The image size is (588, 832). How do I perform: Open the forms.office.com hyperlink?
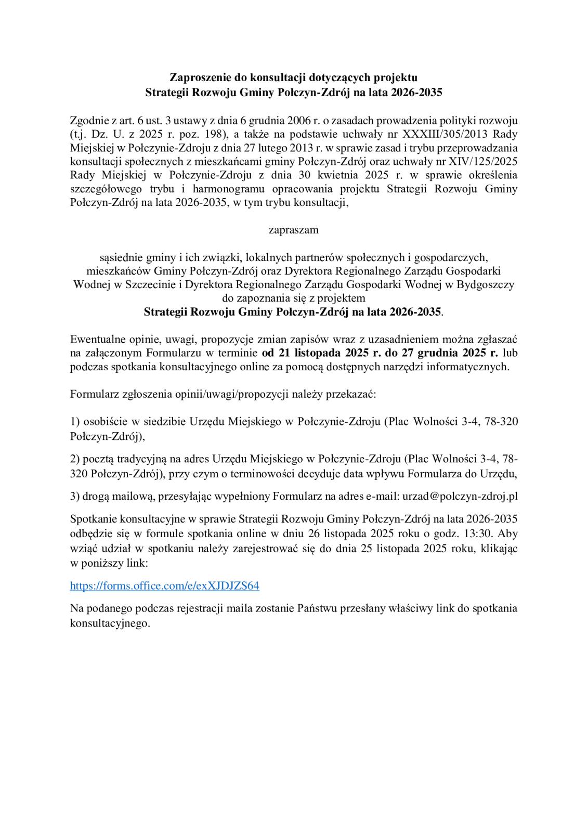[164, 586]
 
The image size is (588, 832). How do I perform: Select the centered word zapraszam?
[294, 229]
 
